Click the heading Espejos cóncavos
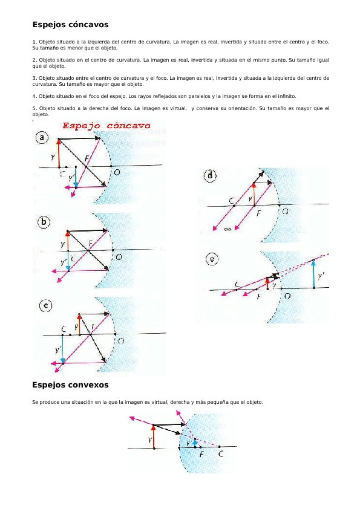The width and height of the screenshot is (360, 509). [x=70, y=25]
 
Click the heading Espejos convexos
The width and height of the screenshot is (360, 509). [x=70, y=384]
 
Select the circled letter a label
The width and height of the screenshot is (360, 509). [x=42, y=138]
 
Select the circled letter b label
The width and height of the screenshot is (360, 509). [x=44, y=222]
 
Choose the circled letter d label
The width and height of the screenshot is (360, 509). [x=210, y=176]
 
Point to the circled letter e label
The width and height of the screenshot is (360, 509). [x=212, y=259]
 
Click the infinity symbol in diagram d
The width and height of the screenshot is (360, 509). [x=227, y=229]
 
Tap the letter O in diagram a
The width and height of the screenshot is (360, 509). [x=116, y=172]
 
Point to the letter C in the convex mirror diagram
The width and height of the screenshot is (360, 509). [x=221, y=453]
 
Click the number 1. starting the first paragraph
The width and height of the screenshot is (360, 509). [x=34, y=42]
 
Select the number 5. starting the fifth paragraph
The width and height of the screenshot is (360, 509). [x=34, y=108]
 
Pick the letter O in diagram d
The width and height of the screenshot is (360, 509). [x=284, y=212]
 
